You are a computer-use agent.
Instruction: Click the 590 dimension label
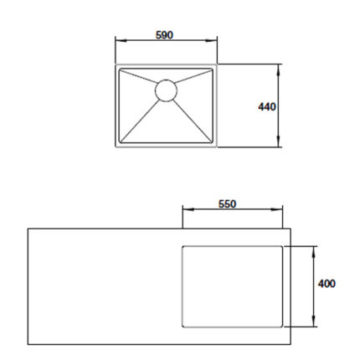(x=164, y=35)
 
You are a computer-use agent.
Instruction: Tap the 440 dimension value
(x=267, y=107)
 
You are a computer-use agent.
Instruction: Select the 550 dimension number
(x=227, y=204)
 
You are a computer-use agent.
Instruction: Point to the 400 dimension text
(x=327, y=284)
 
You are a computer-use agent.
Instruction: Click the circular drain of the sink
(x=166, y=90)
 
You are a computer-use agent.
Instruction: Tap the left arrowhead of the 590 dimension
(x=121, y=40)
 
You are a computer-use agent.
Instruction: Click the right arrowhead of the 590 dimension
(x=211, y=40)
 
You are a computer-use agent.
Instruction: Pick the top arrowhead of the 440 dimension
(x=278, y=69)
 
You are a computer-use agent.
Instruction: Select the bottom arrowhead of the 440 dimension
(x=278, y=141)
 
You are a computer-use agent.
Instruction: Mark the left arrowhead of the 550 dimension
(x=188, y=209)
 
